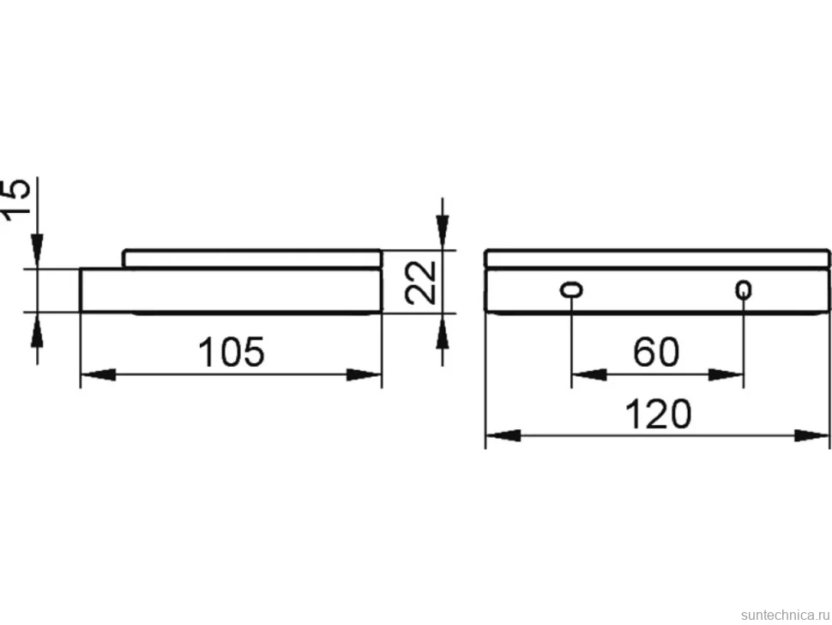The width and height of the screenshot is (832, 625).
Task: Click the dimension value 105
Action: pyautogui.click(x=231, y=352)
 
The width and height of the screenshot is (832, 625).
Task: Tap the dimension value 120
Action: pyautogui.click(x=658, y=415)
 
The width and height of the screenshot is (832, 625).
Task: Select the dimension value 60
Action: pyautogui.click(x=656, y=352)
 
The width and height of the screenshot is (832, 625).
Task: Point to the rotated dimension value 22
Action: pyautogui.click(x=419, y=282)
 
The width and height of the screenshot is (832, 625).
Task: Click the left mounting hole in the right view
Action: pyautogui.click(x=571, y=290)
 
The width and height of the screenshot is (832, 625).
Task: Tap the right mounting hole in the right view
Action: pyautogui.click(x=744, y=290)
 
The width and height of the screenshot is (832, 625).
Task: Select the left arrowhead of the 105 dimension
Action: pyautogui.click(x=98, y=374)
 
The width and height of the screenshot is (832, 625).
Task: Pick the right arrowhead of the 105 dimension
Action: pyautogui.click(x=364, y=374)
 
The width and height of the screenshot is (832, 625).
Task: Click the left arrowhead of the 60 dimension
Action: pyautogui.click(x=589, y=375)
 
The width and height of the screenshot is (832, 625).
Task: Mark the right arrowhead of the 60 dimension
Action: pyautogui.click(x=726, y=375)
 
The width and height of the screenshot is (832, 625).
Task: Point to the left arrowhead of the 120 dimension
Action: pyautogui.click(x=503, y=436)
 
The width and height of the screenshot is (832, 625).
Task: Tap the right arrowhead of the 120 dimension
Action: pyautogui.click(x=811, y=436)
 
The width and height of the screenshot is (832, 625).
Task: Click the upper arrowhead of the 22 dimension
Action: pyautogui.click(x=443, y=232)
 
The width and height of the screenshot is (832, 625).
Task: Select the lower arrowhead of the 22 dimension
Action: pyautogui.click(x=443, y=331)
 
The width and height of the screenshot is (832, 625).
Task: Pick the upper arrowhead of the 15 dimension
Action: pyautogui.click(x=37, y=252)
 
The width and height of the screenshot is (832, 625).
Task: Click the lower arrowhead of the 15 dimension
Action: pyautogui.click(x=37, y=329)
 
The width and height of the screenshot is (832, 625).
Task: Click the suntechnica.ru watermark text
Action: pyautogui.click(x=785, y=615)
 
